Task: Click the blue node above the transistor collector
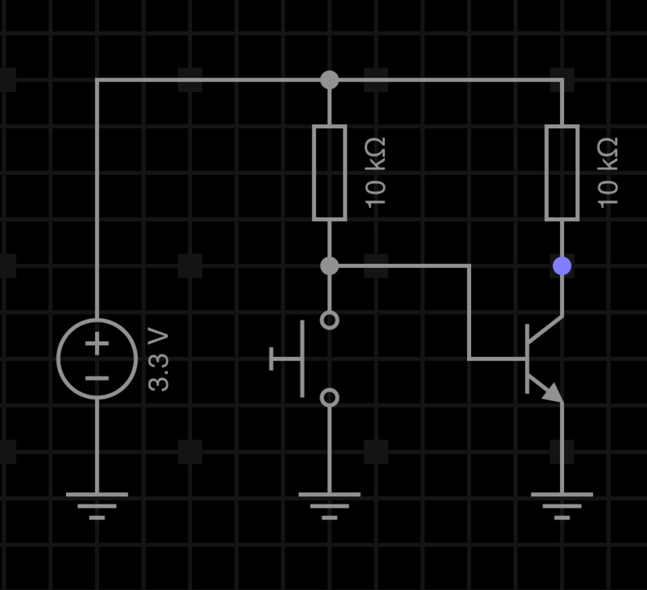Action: point(562,266)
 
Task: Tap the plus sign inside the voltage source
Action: point(97,343)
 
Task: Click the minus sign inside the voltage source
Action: point(97,378)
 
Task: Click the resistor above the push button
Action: point(330,173)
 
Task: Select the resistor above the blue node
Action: point(562,173)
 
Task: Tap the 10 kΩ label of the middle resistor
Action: point(376,173)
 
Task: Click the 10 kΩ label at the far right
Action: point(608,173)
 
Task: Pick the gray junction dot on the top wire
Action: point(330,79)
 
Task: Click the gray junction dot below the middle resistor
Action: point(330,266)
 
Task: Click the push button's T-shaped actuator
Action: point(303,359)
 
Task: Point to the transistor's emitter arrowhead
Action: point(553,392)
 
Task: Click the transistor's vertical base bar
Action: point(527,359)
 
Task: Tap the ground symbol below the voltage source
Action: point(97,506)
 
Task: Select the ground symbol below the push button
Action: point(330,506)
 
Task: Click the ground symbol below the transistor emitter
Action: point(562,506)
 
